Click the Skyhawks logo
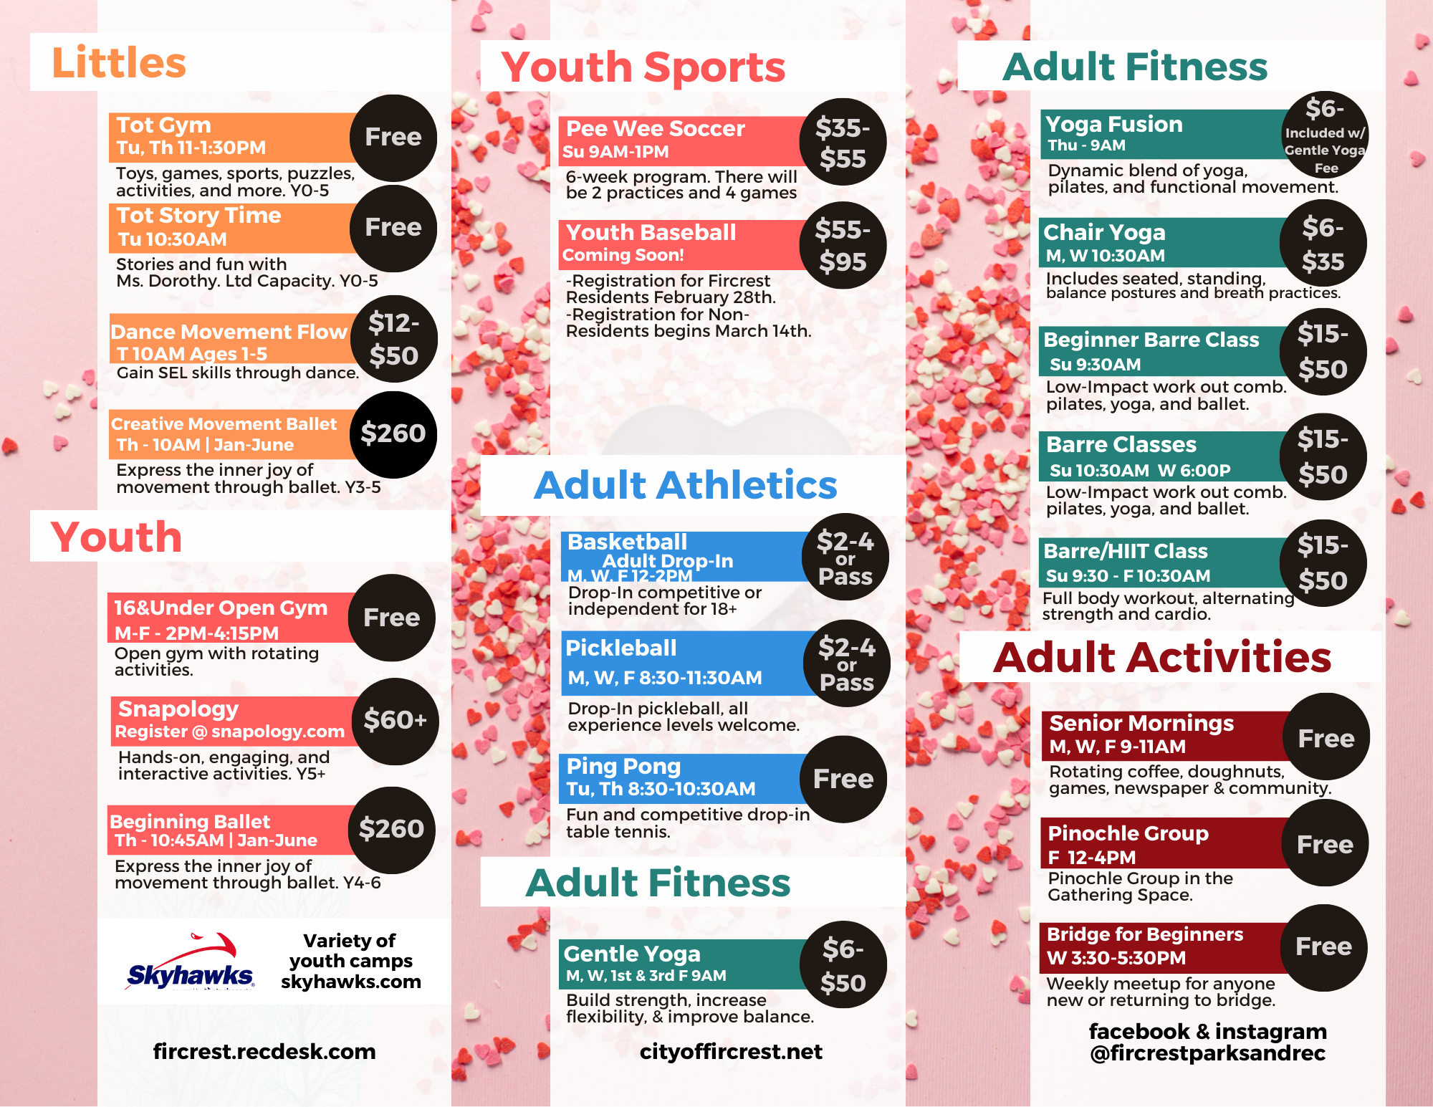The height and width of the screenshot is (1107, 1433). [x=190, y=962]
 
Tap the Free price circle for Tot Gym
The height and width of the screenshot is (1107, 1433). [x=393, y=138]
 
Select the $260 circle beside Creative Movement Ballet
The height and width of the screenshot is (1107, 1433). [x=393, y=434]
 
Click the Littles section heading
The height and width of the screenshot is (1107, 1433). [x=119, y=62]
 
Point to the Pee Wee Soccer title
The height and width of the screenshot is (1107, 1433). [x=656, y=128]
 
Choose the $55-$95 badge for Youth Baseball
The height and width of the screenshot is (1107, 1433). [x=843, y=246]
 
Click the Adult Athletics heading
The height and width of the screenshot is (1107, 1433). [x=686, y=485]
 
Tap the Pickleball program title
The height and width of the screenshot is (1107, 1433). [x=621, y=648]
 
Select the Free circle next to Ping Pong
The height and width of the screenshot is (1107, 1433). [x=843, y=779]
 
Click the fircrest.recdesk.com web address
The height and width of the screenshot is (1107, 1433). [x=264, y=1051]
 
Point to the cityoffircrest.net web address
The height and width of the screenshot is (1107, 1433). [x=731, y=1051]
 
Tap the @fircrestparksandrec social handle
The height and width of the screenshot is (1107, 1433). [x=1208, y=1053]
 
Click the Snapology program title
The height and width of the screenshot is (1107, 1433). [x=178, y=709]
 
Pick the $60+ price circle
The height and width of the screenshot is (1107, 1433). [x=395, y=721]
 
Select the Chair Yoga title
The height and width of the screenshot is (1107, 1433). [x=1104, y=232]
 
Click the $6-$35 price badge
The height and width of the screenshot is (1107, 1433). [x=1323, y=244]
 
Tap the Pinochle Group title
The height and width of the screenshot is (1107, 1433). [x=1128, y=833]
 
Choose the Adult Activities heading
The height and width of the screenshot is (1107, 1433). [x=1161, y=657]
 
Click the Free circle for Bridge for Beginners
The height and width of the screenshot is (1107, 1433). [x=1323, y=948]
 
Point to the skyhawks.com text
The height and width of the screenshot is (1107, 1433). [x=351, y=982]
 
